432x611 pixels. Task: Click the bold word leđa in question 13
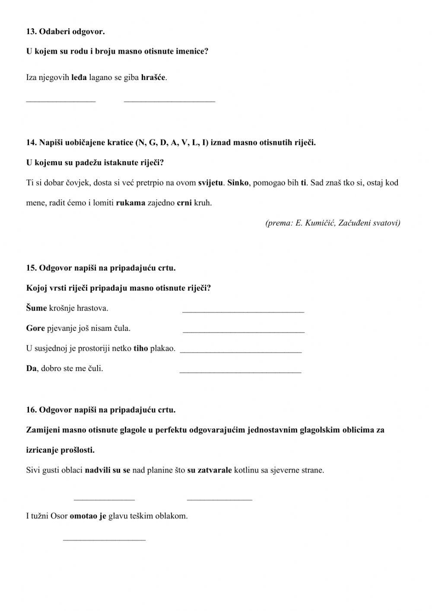coord(79,78)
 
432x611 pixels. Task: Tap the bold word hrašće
coord(153,78)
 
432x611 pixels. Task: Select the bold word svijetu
coord(210,182)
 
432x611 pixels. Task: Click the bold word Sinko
coord(238,182)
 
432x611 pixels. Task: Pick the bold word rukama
coord(130,203)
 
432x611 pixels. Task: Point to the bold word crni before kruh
coord(184,203)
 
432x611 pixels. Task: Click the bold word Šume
coord(36,308)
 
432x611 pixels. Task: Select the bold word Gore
coord(35,328)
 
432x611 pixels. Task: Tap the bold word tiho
coord(141,349)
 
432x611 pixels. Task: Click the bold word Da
coord(31,369)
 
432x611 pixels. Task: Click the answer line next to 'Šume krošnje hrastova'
coord(243,311)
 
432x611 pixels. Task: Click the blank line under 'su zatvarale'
coord(219,499)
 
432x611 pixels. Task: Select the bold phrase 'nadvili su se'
coord(108,470)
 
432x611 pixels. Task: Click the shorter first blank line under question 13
coord(61,101)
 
